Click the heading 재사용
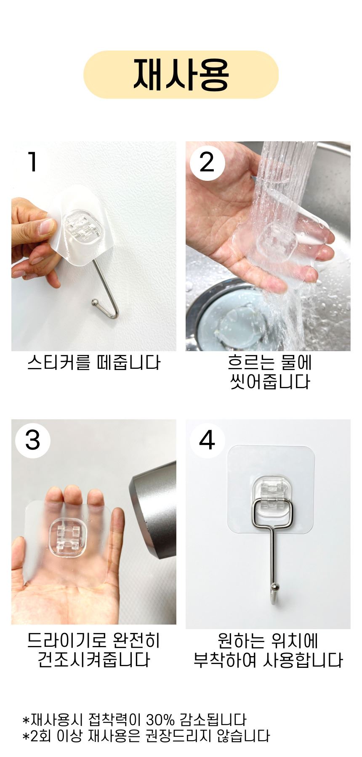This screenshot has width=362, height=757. pyautogui.click(x=181, y=74)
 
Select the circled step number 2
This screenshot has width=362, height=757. pyautogui.click(x=207, y=162)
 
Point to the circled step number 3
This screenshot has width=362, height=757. pyautogui.click(x=32, y=440)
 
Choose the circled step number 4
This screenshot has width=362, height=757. pyautogui.click(x=207, y=440)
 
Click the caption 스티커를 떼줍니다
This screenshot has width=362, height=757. pyautogui.click(x=93, y=363)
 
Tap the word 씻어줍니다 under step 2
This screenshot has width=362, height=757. pyautogui.click(x=269, y=382)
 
